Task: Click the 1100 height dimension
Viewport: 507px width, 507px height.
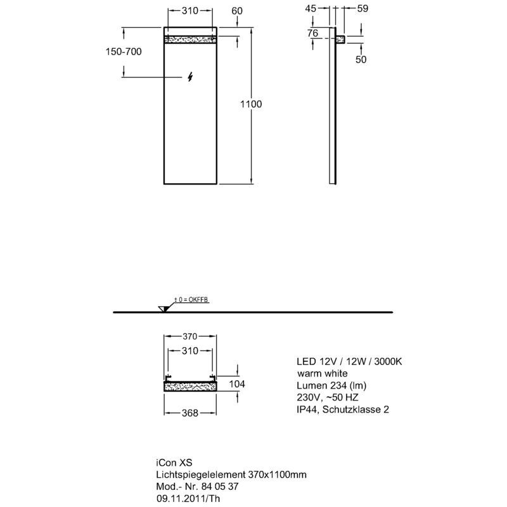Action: click(251, 104)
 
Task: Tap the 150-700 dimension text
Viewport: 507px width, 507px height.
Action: click(124, 51)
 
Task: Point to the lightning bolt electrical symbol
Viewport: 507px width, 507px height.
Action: click(191, 77)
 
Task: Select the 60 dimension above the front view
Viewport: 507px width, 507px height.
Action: click(237, 11)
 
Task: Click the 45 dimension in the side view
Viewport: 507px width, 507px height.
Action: click(311, 8)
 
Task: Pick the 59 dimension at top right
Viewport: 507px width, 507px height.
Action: click(363, 8)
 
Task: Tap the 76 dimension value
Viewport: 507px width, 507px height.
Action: click(312, 33)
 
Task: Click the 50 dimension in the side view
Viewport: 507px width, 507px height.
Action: click(361, 59)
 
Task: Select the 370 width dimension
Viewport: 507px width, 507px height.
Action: click(189, 337)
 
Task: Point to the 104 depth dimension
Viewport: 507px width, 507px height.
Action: click(237, 384)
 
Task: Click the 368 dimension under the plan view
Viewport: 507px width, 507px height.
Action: click(189, 413)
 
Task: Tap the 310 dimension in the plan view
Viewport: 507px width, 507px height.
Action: click(189, 351)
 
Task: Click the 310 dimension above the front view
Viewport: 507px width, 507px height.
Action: click(189, 11)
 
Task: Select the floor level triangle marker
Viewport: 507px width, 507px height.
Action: click(164, 309)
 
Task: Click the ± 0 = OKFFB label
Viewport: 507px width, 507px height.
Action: click(191, 300)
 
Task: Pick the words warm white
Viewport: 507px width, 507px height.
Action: click(323, 373)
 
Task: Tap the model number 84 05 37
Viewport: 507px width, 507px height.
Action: click(220, 486)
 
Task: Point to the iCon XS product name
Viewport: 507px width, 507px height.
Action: click(174, 463)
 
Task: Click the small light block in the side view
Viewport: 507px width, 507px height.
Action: click(340, 39)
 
